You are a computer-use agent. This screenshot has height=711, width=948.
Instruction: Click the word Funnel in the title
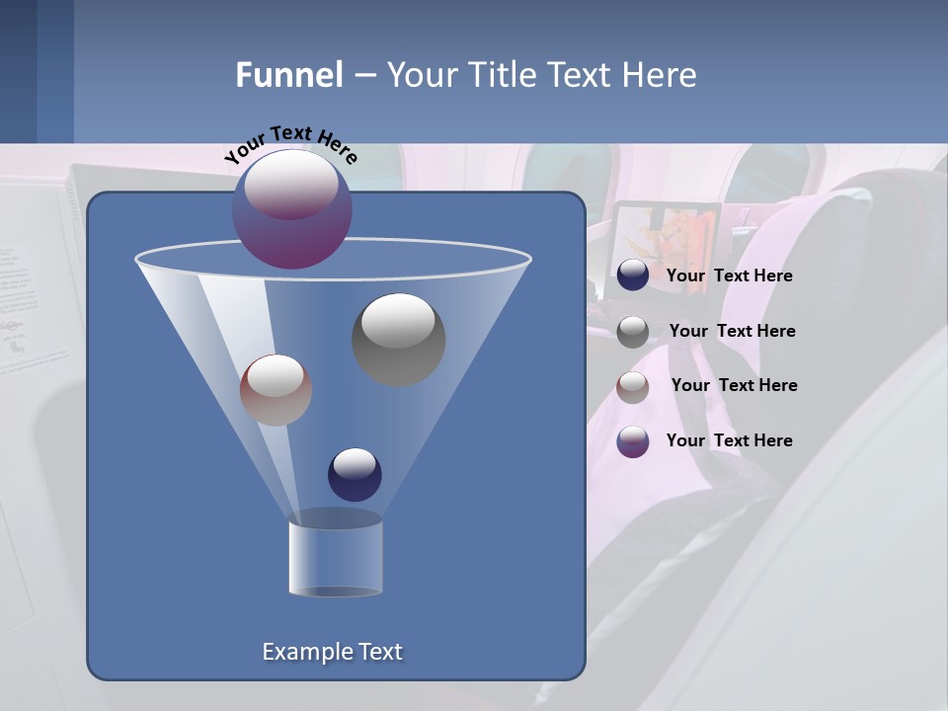288,75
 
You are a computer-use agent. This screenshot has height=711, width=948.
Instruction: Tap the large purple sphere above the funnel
292,208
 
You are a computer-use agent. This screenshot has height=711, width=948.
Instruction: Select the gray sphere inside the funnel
399,339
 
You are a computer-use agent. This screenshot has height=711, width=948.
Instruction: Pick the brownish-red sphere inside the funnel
276,389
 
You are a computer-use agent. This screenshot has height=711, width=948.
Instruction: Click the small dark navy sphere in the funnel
355,474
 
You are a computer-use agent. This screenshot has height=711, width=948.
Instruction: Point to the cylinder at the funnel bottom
335,558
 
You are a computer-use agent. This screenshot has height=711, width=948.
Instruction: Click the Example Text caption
332,652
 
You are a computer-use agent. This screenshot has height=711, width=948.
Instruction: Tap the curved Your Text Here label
291,143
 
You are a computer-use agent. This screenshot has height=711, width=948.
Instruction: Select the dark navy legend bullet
633,276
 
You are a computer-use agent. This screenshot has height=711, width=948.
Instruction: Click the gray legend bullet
633,331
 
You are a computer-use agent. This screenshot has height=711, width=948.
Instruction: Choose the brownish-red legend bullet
633,386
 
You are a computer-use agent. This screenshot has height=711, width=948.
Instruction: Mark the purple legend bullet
633,441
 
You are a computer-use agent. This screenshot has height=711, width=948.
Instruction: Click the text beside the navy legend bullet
729,276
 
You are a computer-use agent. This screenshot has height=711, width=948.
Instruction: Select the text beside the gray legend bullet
732,332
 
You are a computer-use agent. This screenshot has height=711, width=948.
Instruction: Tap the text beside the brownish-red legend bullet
734,386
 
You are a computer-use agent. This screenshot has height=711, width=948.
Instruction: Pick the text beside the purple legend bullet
729,440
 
